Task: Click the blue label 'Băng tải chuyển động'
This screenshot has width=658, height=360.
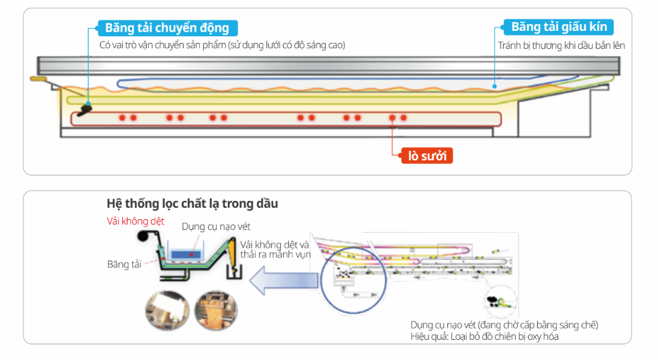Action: [167, 27]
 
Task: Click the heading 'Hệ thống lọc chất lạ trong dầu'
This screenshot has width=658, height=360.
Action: [192, 203]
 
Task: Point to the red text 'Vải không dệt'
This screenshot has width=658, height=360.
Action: [135, 221]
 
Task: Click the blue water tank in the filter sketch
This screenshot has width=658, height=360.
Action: [188, 253]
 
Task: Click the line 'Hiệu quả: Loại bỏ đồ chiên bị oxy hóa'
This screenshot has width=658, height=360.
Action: [484, 337]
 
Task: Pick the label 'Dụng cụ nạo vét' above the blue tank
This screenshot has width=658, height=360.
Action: [216, 227]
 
